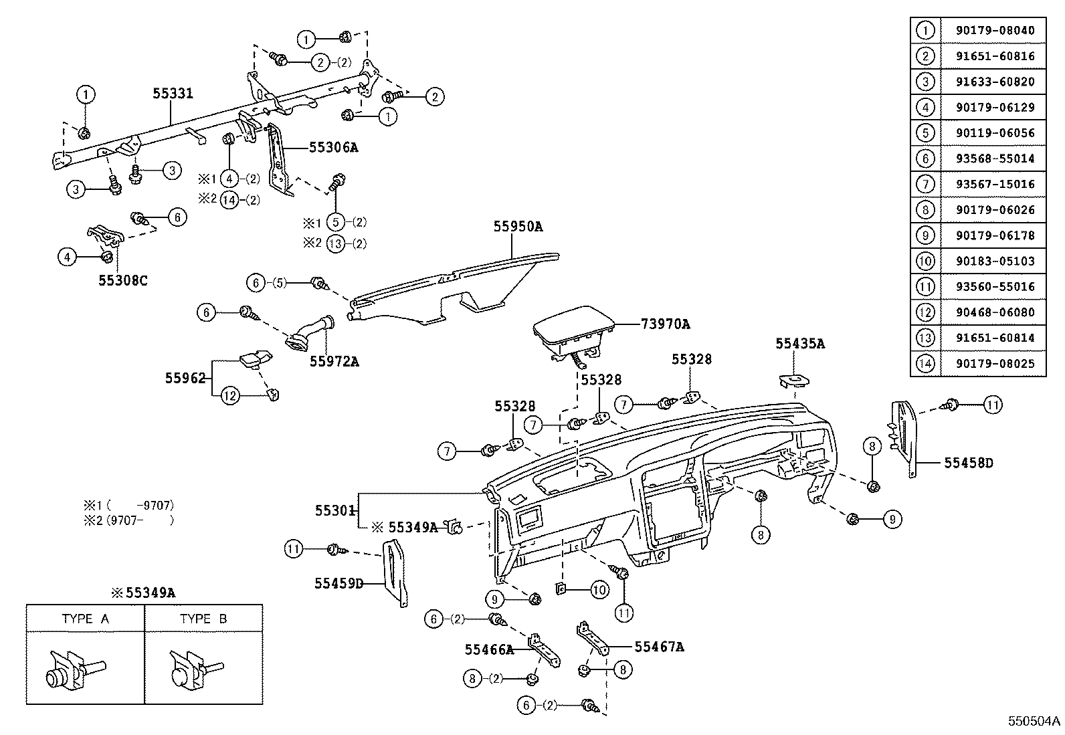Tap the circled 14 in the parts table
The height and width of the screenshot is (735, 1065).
point(926,364)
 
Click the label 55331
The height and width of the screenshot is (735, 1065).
point(173,94)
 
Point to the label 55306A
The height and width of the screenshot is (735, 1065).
point(333,147)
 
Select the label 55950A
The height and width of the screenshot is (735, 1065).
point(518,227)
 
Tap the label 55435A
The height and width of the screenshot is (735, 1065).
point(800,344)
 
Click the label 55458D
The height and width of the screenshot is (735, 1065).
point(969,462)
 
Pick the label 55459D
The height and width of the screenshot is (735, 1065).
point(338,583)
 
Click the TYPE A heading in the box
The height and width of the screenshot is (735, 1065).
point(85,619)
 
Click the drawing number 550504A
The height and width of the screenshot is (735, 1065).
point(1034,721)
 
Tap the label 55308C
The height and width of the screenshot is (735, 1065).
point(123,280)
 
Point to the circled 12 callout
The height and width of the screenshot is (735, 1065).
point(229,397)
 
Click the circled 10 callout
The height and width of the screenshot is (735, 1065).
point(599,589)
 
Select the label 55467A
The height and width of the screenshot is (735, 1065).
point(659,647)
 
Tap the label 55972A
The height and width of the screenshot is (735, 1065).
point(334,362)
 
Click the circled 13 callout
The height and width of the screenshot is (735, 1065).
point(336,243)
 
